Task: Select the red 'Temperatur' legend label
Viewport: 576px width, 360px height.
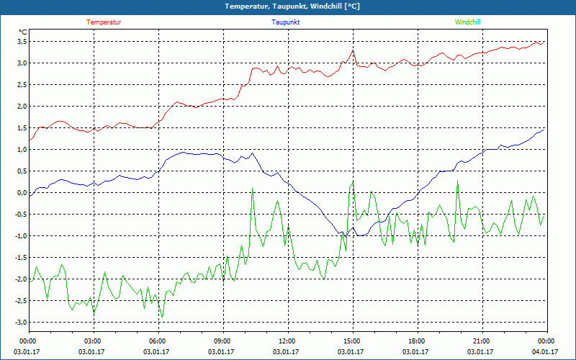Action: point(104,22)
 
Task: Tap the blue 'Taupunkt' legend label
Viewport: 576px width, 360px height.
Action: point(286,22)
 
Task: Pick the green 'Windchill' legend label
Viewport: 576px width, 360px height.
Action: point(467,22)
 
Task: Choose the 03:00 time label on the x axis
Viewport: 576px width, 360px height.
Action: point(93,341)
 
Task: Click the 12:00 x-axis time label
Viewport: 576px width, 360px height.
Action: point(287,341)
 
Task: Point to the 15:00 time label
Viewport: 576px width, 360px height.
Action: point(352,341)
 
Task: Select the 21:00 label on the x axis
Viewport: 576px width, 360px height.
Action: point(482,341)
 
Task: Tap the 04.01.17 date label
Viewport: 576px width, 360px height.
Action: point(545,352)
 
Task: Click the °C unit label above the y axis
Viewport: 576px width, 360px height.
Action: point(23,32)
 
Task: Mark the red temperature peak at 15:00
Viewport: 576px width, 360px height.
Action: point(353,50)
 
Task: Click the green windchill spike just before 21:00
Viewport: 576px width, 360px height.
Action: point(457,181)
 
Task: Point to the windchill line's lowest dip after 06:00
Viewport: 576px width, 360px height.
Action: point(162,317)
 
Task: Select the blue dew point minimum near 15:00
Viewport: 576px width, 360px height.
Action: point(346,236)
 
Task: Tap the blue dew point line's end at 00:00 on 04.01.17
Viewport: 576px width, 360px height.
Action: point(544,129)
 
